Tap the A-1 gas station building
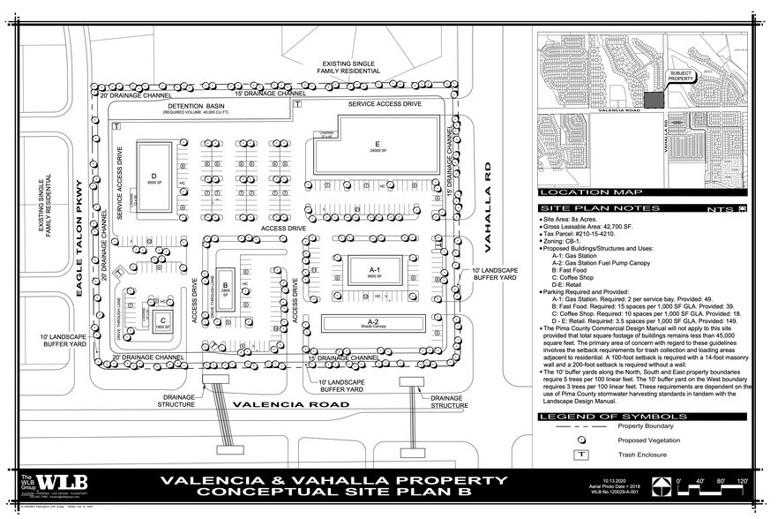click(374, 272)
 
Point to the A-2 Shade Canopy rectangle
click(373, 323)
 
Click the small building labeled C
click(161, 322)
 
